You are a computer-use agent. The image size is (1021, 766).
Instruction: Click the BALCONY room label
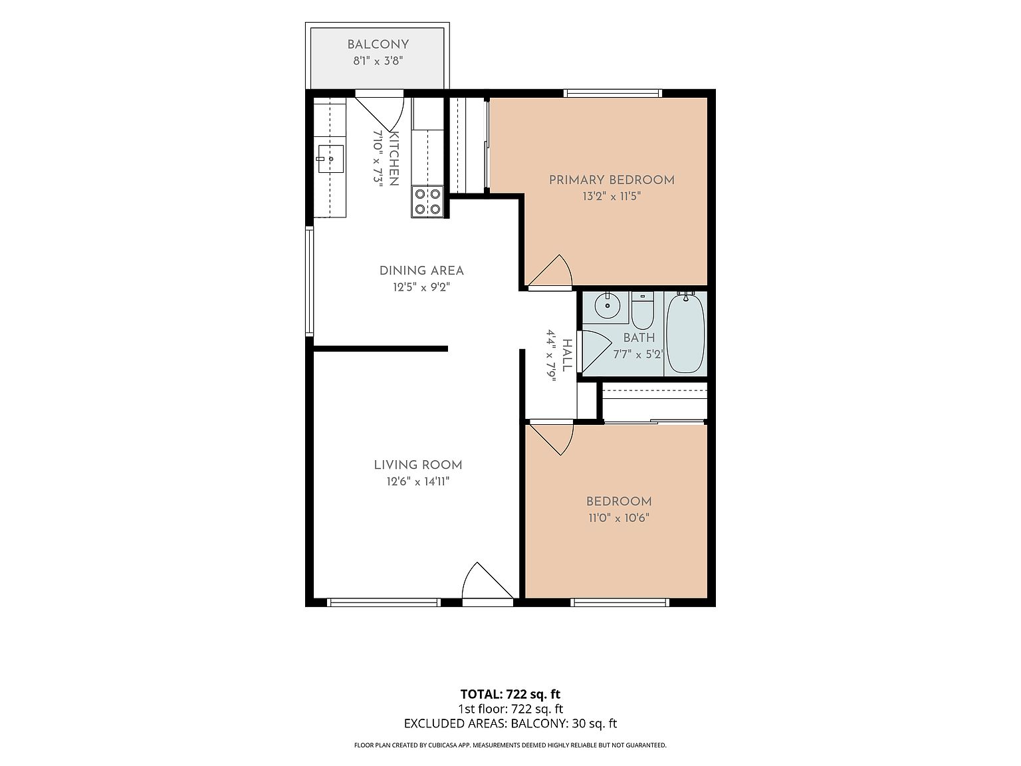(x=378, y=45)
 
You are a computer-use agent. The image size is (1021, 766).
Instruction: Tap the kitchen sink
(x=330, y=159)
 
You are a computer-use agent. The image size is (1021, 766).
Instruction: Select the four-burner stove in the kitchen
(x=427, y=202)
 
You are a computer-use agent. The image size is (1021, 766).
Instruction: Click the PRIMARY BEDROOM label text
(x=612, y=180)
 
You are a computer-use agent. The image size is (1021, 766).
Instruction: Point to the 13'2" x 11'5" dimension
(x=612, y=197)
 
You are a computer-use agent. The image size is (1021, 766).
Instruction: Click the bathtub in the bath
(x=685, y=332)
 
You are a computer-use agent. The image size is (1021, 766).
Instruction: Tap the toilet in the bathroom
(x=642, y=310)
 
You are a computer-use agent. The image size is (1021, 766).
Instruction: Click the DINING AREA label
(x=421, y=271)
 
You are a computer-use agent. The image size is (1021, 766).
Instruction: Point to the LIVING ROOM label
(x=417, y=465)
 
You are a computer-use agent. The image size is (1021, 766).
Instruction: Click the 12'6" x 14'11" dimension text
(x=417, y=482)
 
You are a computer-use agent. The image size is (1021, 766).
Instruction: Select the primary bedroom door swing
(x=550, y=271)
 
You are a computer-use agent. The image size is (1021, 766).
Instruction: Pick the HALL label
(x=566, y=355)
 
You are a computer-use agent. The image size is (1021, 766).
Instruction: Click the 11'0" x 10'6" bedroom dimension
(x=618, y=518)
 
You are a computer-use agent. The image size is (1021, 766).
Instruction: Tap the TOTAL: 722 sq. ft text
(x=510, y=694)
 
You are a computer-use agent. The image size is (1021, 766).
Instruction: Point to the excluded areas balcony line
(x=510, y=723)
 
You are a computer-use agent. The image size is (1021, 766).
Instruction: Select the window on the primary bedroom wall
(x=613, y=93)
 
